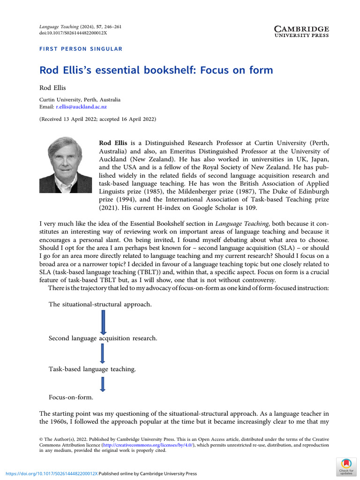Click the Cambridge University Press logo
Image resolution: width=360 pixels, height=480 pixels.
(301, 31)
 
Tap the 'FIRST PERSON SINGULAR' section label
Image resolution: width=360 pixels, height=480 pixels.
(81, 49)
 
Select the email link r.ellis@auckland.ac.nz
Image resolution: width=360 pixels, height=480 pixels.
(88, 107)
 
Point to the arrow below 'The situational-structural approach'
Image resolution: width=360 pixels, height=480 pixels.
(104, 322)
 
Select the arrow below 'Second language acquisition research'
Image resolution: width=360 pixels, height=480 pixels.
(103, 353)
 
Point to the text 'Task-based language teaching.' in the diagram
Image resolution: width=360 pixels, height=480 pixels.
(92, 369)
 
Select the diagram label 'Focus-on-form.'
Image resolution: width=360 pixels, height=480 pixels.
(71, 397)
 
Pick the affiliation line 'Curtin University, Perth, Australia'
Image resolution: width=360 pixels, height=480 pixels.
(80, 100)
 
